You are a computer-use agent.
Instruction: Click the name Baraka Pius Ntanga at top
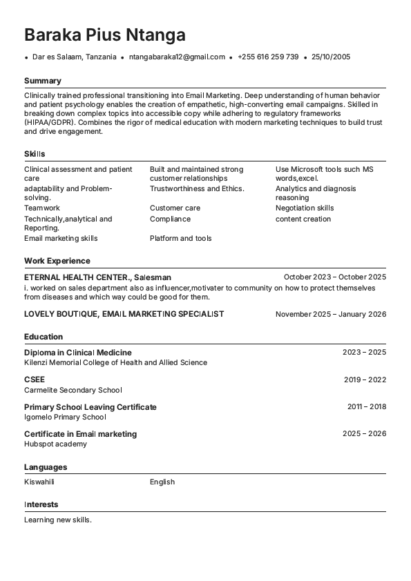point(104,35)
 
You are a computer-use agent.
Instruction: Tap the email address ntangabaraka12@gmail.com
point(177,57)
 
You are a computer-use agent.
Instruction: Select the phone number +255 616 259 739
point(268,57)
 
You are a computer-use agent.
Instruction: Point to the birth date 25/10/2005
point(331,57)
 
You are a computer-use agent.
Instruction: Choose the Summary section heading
point(42,81)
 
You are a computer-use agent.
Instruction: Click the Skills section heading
point(35,154)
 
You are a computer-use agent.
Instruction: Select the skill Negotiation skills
point(305,208)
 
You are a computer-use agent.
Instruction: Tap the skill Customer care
point(175,208)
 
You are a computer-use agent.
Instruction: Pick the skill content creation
point(303,219)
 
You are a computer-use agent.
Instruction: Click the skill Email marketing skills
point(61,238)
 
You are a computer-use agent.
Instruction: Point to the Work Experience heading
point(57,261)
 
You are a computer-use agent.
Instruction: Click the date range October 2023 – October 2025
point(334,277)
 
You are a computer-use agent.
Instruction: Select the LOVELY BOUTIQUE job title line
point(124,314)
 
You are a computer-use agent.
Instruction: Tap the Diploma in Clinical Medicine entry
point(77,353)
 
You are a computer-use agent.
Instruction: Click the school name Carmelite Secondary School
point(73,390)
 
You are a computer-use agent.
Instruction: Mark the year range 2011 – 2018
point(366,406)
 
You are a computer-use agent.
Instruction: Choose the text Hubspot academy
point(55,444)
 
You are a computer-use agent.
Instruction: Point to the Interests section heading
point(41,504)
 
